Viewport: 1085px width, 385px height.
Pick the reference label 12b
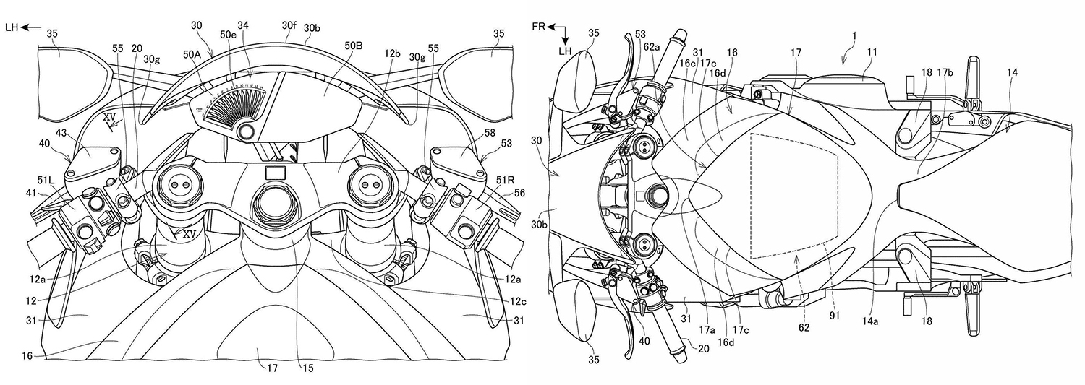point(393,54)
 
